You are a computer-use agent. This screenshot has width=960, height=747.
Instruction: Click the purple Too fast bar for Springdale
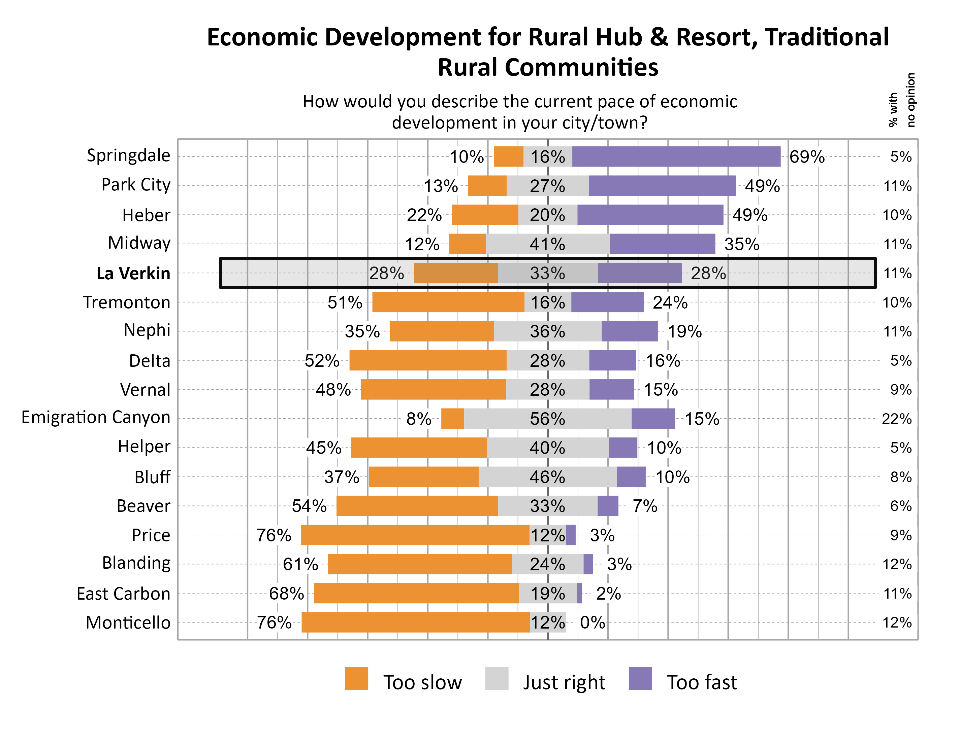click(676, 157)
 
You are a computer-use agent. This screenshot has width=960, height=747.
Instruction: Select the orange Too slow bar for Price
click(415, 535)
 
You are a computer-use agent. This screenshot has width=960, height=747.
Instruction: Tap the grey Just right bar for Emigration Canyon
click(548, 419)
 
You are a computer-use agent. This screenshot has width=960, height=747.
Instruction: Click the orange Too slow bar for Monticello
click(415, 622)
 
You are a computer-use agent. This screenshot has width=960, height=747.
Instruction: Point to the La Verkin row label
click(133, 273)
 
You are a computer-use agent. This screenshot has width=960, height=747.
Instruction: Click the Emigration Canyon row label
click(96, 417)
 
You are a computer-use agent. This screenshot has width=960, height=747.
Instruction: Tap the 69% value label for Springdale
click(807, 157)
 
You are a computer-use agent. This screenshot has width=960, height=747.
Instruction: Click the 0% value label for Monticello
click(592, 622)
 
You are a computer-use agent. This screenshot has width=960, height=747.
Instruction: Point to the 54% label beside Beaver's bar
click(309, 506)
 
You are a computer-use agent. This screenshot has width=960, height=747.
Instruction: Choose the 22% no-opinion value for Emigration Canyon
click(896, 419)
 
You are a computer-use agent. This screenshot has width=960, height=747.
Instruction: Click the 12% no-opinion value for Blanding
click(897, 564)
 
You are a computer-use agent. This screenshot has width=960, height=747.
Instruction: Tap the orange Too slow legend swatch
click(356, 678)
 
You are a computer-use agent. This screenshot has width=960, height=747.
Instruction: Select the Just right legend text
click(564, 682)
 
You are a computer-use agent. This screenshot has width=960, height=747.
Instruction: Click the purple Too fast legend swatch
click(640, 678)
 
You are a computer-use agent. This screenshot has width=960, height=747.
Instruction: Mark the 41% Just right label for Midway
click(547, 244)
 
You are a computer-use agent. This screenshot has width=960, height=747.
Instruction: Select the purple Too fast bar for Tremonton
click(607, 302)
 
